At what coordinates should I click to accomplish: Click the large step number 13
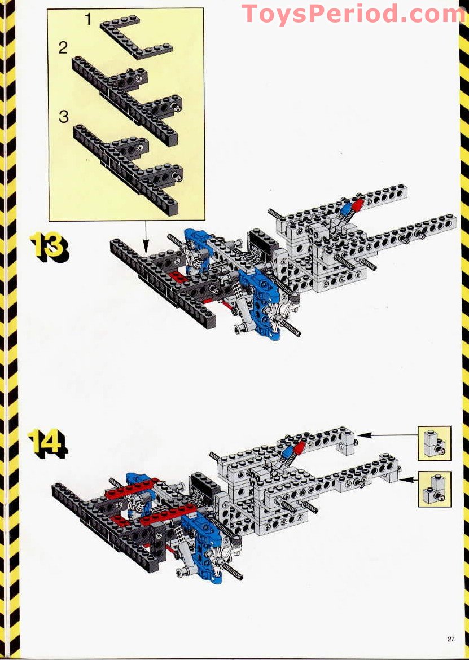click(49, 248)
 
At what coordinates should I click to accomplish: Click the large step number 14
click(48, 443)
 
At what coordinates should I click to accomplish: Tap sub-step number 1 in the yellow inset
click(88, 19)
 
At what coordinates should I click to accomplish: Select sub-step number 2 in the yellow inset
click(63, 47)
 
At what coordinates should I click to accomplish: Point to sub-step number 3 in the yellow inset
click(64, 117)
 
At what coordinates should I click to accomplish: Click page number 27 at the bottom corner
click(451, 639)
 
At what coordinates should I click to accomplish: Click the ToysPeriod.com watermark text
click(354, 14)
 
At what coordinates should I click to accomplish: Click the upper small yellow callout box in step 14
click(435, 443)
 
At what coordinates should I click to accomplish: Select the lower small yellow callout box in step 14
click(435, 489)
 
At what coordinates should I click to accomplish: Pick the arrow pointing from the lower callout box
click(409, 479)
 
